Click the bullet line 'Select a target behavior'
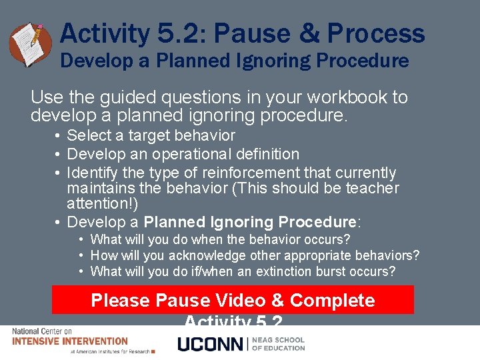point(151,135)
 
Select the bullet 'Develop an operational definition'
point(183,154)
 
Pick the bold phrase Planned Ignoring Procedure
point(251,222)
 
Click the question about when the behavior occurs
point(220,239)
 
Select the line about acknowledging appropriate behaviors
point(255,255)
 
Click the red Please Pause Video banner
point(233,300)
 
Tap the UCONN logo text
point(211,344)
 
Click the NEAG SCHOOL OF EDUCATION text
point(279,343)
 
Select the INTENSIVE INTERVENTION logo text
point(69,341)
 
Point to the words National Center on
point(41,331)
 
